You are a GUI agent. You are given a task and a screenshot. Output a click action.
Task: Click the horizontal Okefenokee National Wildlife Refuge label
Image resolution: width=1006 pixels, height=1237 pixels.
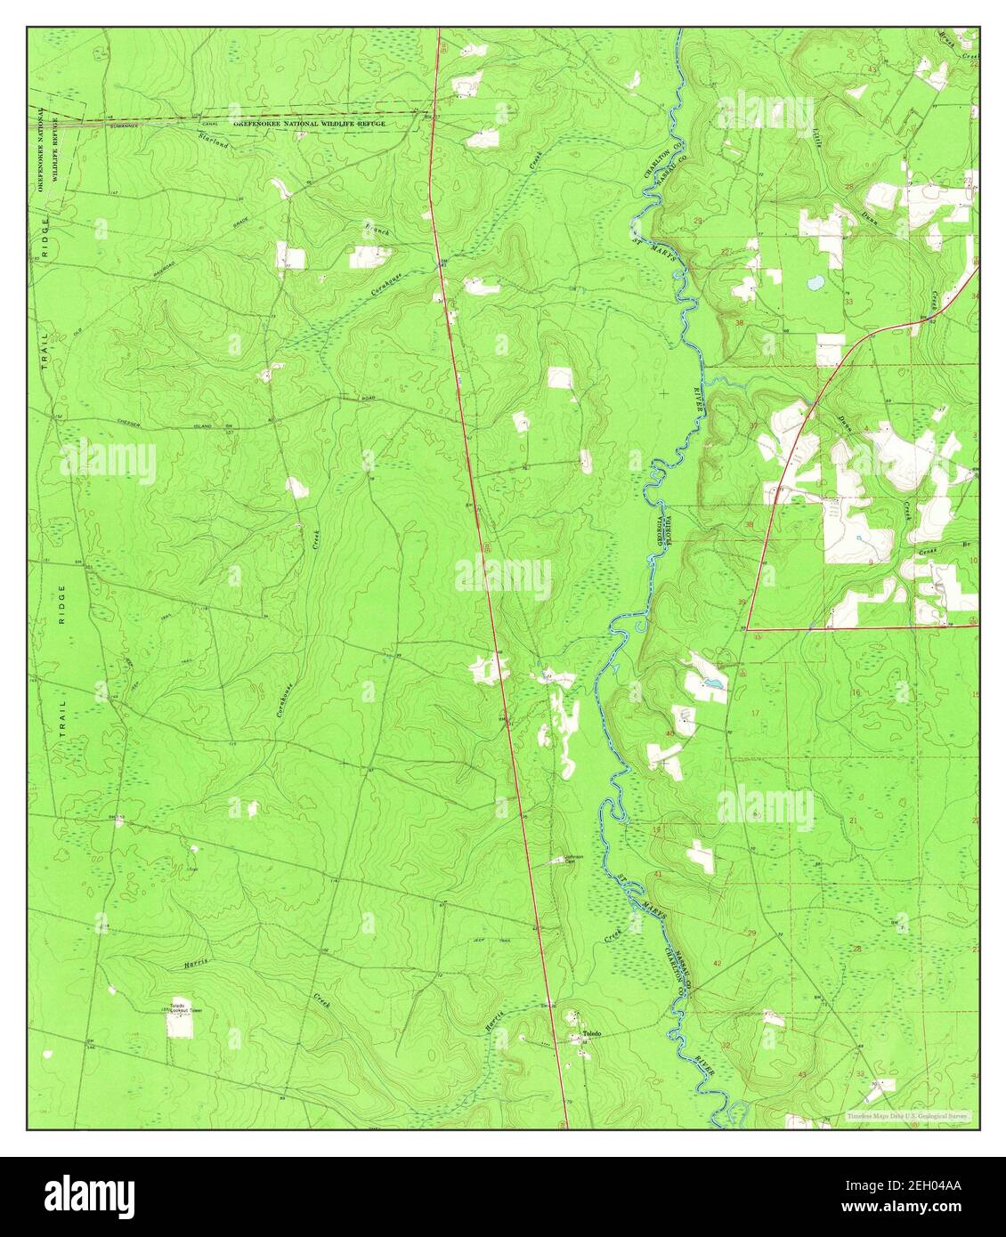(309, 124)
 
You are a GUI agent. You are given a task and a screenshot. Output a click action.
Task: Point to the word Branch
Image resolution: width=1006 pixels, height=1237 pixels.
(376, 230)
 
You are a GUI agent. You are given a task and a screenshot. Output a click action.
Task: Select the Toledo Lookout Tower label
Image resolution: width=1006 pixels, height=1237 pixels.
(182, 1007)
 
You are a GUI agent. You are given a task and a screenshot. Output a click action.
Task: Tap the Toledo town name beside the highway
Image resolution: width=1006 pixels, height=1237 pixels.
(592, 1033)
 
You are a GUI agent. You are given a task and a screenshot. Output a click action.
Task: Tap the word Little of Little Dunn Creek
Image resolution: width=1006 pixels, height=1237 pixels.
(816, 135)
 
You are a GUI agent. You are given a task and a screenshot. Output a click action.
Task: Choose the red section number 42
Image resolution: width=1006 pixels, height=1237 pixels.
(717, 964)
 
